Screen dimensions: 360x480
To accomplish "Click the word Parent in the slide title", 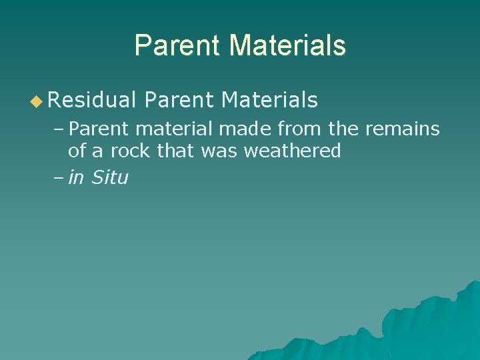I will pyautogui.click(x=177, y=46).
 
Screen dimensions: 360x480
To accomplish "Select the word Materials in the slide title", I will pyautogui.click(x=287, y=46).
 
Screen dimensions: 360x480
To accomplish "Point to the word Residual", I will pyautogui.click(x=92, y=101).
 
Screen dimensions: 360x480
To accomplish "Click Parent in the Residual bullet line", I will pyautogui.click(x=178, y=101).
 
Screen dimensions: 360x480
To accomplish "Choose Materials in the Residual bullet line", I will pyautogui.click(x=269, y=101).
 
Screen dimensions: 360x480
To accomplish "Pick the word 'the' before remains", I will pyautogui.click(x=343, y=129).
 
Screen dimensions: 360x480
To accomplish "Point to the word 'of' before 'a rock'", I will pyautogui.click(x=77, y=151).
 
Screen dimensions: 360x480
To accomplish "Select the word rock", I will pyautogui.click(x=130, y=151).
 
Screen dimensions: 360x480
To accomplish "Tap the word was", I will pyautogui.click(x=220, y=151).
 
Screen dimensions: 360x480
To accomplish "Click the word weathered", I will pyautogui.click(x=293, y=151).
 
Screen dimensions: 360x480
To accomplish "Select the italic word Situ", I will pyautogui.click(x=110, y=178).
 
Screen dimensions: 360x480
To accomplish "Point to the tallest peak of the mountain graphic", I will pyautogui.click(x=472, y=283).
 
